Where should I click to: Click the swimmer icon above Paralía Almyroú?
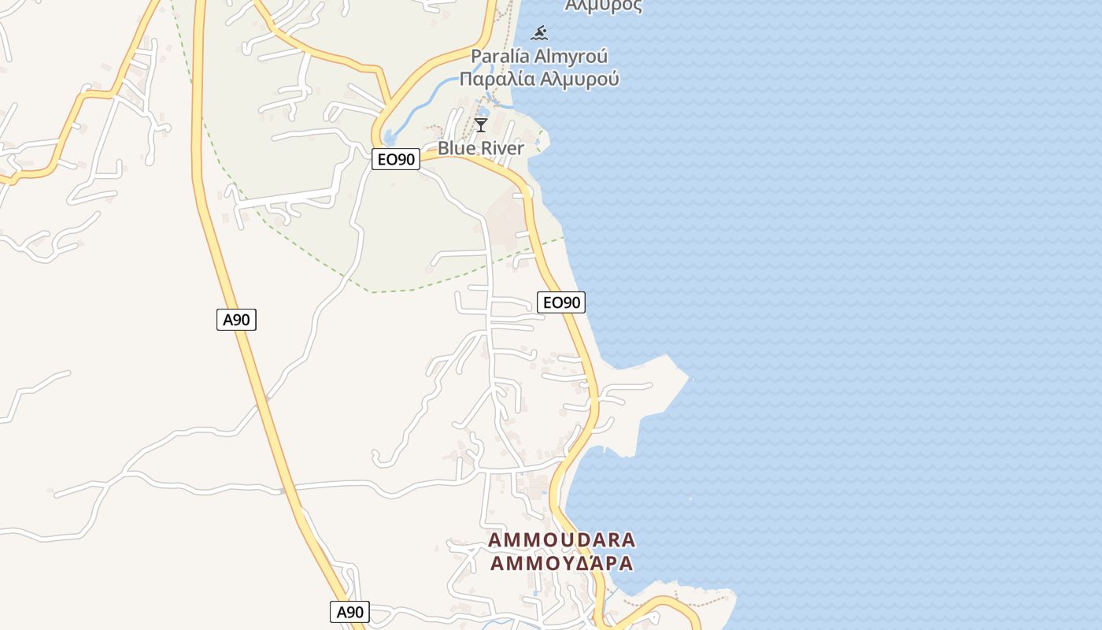tap(539, 33)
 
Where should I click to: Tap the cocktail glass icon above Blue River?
tap(481, 125)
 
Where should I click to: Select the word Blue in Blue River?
tap(455, 148)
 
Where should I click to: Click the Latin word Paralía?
tap(500, 57)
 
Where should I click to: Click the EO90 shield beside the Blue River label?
tap(396, 159)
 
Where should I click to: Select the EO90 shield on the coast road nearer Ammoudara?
tap(561, 302)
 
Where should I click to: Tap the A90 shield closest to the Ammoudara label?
tap(349, 612)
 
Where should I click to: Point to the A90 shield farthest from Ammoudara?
tap(236, 319)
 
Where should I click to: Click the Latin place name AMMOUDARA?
tap(562, 540)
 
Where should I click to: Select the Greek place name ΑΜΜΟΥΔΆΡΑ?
tap(562, 564)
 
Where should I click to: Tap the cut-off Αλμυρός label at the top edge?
tap(604, 6)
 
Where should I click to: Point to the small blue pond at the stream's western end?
tap(389, 139)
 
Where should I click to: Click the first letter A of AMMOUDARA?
tap(494, 540)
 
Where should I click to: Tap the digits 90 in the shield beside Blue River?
tap(405, 159)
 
